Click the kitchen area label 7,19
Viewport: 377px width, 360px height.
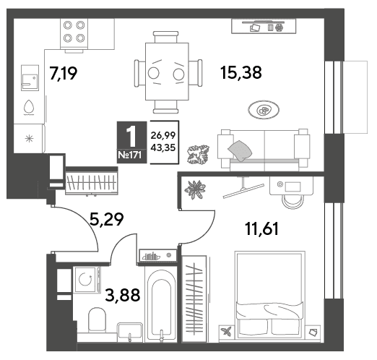pyautogui.click(x=64, y=73)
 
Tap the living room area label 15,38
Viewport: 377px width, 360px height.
pyautogui.click(x=241, y=72)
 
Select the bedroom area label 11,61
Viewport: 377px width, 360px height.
pyautogui.click(x=261, y=228)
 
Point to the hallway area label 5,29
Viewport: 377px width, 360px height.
pyautogui.click(x=106, y=219)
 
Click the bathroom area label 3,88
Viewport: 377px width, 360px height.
pyautogui.click(x=123, y=296)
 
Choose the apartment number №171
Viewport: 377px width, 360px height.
pyautogui.click(x=130, y=155)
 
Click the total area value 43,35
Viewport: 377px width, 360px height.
pyautogui.click(x=163, y=147)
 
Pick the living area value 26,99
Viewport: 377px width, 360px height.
pyautogui.click(x=163, y=135)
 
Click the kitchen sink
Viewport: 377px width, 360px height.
pyautogui.click(x=30, y=77)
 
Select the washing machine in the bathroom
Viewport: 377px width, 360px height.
pyautogui.click(x=87, y=280)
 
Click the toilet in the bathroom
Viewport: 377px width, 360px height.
pyautogui.click(x=97, y=320)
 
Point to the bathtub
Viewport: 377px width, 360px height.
pyautogui.click(x=161, y=304)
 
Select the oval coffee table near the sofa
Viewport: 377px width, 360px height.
pyautogui.click(x=264, y=110)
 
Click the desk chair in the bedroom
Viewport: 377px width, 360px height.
pyautogui.click(x=293, y=201)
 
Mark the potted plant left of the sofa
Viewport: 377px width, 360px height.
pyautogui.click(x=199, y=155)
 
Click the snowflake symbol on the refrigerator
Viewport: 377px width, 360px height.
pyautogui.click(x=29, y=139)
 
